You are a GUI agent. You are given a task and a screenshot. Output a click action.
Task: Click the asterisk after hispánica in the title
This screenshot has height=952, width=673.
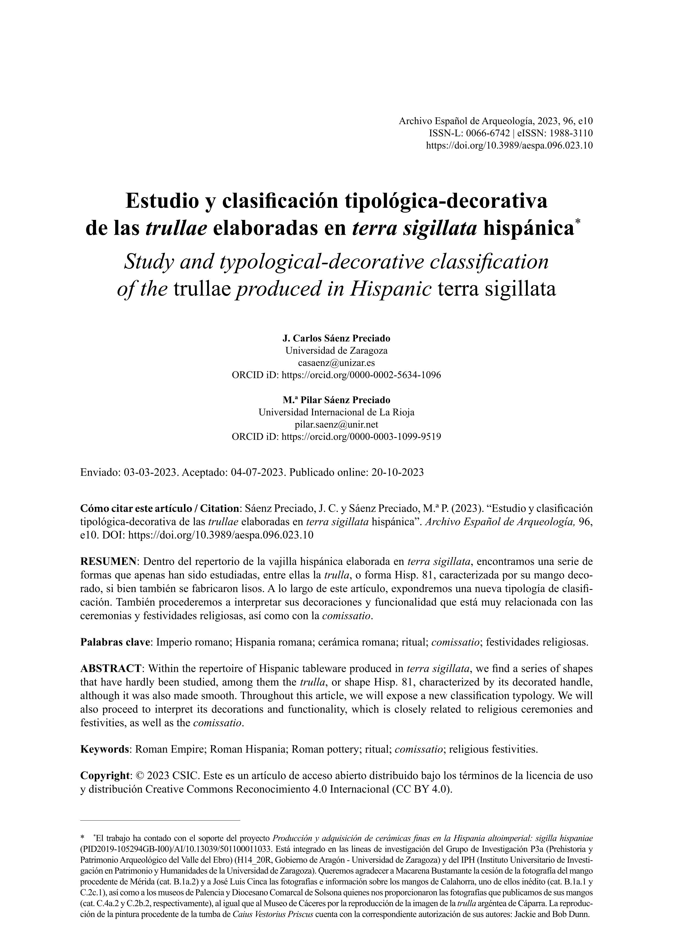point(578,223)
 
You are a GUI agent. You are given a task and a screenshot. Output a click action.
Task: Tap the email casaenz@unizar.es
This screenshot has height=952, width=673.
point(336,363)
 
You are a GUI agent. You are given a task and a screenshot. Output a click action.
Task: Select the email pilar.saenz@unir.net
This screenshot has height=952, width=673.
point(336,424)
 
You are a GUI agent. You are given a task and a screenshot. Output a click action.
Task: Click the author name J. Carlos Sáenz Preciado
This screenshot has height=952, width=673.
point(336,338)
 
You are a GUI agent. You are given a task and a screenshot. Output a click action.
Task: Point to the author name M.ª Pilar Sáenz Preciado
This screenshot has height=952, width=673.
point(336,400)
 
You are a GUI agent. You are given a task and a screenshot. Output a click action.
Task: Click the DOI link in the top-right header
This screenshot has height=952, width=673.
point(509,146)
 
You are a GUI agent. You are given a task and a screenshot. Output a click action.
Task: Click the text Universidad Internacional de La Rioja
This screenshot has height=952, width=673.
point(336,412)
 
